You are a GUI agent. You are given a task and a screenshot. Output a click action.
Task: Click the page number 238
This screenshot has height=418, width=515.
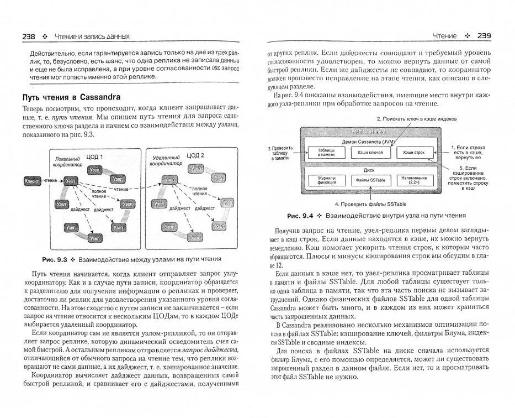28,36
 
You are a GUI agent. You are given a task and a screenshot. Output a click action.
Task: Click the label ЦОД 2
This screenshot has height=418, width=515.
194,155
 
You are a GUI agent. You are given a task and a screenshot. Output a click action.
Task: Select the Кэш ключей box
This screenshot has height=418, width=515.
370,151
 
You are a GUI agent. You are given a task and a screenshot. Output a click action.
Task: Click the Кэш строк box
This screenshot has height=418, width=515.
414,151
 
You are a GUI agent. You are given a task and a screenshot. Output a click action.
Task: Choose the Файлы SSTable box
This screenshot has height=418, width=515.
370,180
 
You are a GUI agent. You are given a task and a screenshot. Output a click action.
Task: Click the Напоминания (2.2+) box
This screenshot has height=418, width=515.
414,180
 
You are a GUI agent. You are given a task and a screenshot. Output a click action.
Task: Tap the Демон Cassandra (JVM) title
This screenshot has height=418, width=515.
370,141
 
